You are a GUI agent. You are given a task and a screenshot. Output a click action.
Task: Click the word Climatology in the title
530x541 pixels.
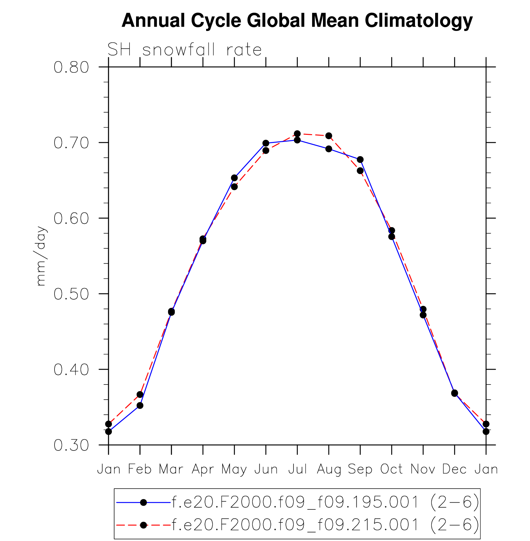pyautogui.click(x=419, y=21)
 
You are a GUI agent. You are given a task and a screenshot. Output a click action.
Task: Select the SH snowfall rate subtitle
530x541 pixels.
pyautogui.click(x=184, y=50)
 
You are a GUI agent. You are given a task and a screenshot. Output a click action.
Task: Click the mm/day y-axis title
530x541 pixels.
pyautogui.click(x=41, y=256)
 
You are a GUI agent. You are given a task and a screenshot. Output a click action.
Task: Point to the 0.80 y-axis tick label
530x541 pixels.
pyautogui.click(x=71, y=67)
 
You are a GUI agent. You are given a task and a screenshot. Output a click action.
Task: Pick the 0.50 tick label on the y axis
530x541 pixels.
pyautogui.click(x=71, y=294)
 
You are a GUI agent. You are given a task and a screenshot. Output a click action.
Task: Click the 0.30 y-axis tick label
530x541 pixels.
pyautogui.click(x=71, y=445)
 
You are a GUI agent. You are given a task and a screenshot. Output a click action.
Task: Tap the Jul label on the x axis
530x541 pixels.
pyautogui.click(x=297, y=469)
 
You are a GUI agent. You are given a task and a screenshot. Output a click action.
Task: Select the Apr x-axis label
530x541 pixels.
pyautogui.click(x=203, y=470)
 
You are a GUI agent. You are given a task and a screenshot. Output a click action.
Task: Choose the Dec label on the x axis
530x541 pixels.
pyautogui.click(x=454, y=469)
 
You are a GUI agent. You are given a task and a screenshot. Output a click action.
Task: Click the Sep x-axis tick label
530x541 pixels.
pyautogui.click(x=360, y=470)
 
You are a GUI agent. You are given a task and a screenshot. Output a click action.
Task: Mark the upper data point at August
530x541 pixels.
pyautogui.click(x=329, y=136)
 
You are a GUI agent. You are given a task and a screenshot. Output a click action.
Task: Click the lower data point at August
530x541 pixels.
pyautogui.click(x=329, y=149)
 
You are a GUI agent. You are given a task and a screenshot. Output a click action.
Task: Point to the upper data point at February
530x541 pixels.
pyautogui.click(x=140, y=394)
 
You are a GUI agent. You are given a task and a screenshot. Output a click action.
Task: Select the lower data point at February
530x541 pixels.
pyautogui.click(x=140, y=405)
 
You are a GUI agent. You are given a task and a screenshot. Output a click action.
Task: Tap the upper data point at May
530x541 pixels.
pyautogui.click(x=234, y=178)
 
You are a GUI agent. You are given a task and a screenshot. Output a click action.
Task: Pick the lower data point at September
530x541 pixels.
pyautogui.click(x=360, y=171)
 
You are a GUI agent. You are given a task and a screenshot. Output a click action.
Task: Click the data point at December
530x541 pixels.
pyautogui.click(x=455, y=393)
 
